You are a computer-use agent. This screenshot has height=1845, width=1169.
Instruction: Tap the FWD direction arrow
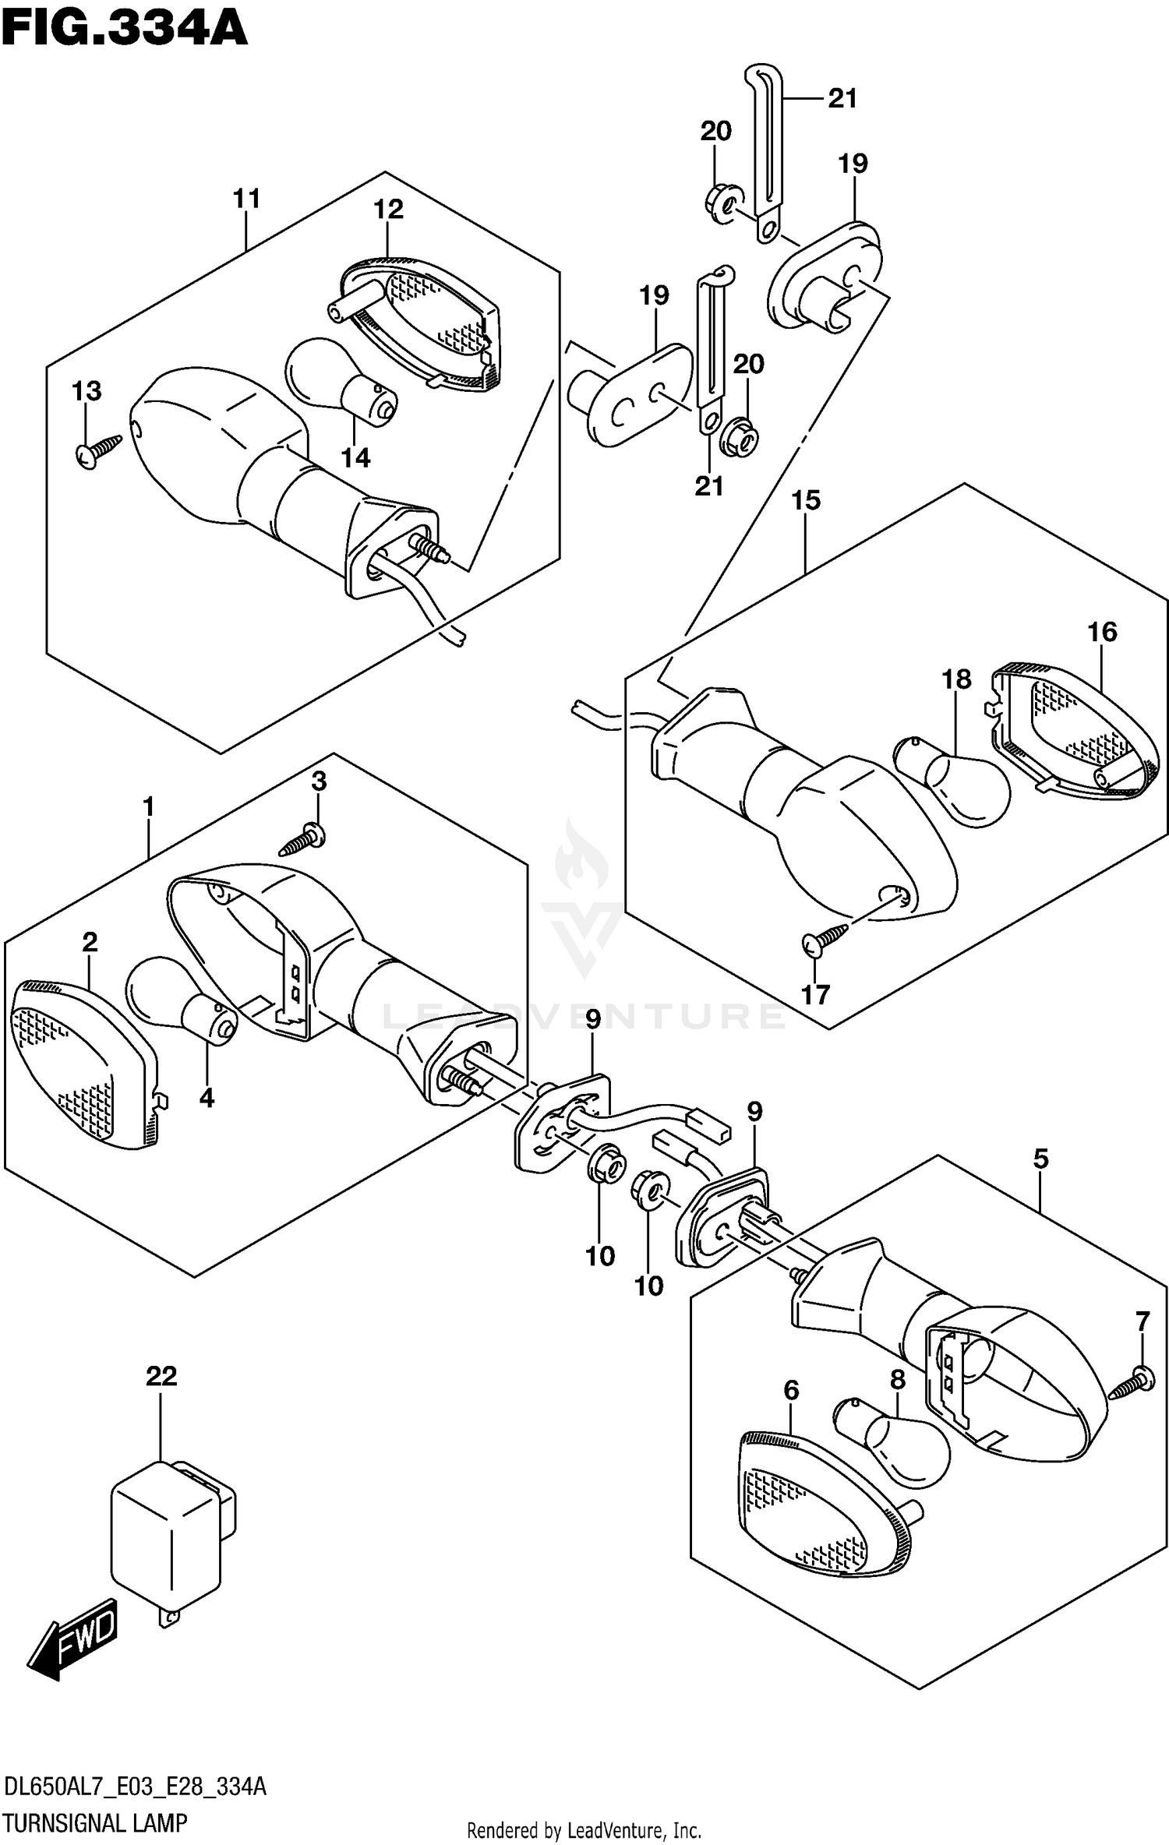pyautogui.click(x=74, y=1638)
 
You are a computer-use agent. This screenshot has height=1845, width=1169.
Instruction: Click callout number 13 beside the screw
pyautogui.click(x=87, y=390)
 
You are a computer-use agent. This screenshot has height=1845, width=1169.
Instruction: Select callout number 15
pyautogui.click(x=806, y=500)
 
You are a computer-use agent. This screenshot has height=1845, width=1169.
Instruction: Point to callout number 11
pyautogui.click(x=246, y=199)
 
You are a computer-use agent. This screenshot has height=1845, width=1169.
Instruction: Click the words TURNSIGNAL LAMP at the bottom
pyautogui.click(x=95, y=1823)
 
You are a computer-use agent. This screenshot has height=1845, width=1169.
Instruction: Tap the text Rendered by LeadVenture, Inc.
pyautogui.click(x=584, y=1831)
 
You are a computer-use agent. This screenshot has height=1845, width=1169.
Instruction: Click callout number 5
pyautogui.click(x=1040, y=1159)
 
